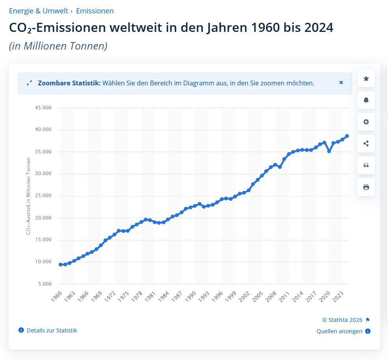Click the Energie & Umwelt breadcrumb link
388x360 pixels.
(38, 11)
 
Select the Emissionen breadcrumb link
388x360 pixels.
(95, 11)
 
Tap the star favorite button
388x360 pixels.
(366, 79)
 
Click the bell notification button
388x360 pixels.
(366, 100)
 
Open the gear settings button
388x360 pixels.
(366, 122)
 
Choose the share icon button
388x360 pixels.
(366, 144)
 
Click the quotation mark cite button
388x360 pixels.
(366, 165)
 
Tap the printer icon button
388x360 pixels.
(366, 187)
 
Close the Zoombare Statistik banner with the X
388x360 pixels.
(341, 83)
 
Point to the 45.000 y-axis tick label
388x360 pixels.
(43, 108)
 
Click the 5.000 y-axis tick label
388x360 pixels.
(45, 284)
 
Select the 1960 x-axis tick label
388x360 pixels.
(56, 297)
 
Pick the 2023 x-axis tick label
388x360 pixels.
(338, 297)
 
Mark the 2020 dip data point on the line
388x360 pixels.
(329, 151)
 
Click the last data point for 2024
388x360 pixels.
(347, 136)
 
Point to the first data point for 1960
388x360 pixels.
(61, 264)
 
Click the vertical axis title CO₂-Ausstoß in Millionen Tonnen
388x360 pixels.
(28, 196)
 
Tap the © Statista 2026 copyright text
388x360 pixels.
(342, 320)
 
